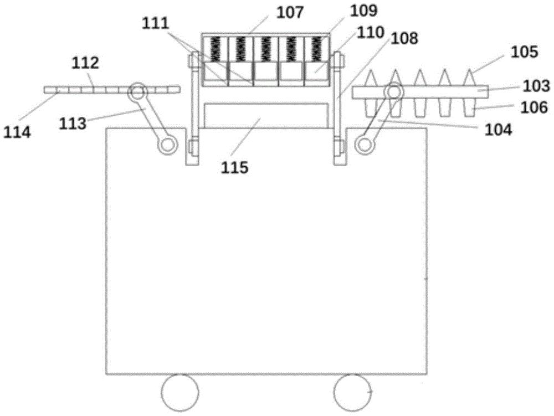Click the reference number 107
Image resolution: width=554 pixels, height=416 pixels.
pyautogui.click(x=290, y=13)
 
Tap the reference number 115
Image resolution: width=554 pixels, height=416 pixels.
pyautogui.click(x=235, y=167)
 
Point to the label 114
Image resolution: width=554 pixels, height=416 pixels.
pyautogui.click(x=17, y=132)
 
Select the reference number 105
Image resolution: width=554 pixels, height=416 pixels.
pyautogui.click(x=524, y=52)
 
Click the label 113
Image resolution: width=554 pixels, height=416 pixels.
pyautogui.click(x=73, y=124)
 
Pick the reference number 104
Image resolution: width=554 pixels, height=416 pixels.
pyautogui.click(x=498, y=130)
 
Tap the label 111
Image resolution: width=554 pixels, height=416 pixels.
pyautogui.click(x=156, y=24)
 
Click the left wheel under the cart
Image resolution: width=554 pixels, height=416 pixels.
pyautogui.click(x=180, y=392)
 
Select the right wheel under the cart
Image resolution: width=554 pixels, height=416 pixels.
pyautogui.click(x=353, y=392)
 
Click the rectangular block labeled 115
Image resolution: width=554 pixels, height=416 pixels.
pyautogui.click(x=266, y=115)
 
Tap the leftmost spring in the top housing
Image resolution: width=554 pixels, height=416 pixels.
pyautogui.click(x=216, y=49)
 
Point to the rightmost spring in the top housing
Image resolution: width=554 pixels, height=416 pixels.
pyautogui.click(x=316, y=49)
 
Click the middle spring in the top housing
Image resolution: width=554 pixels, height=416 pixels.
pyautogui.click(x=266, y=49)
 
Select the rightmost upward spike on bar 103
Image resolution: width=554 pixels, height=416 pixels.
pyautogui.click(x=469, y=78)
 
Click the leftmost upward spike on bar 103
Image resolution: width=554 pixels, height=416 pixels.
pyautogui.click(x=371, y=78)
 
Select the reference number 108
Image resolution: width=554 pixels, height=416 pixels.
pyautogui.click(x=404, y=38)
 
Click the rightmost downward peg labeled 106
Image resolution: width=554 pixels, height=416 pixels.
pyautogui.click(x=469, y=107)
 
